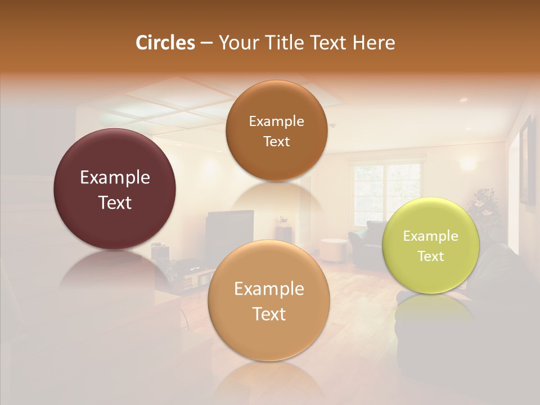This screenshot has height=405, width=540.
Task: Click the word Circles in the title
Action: (x=165, y=43)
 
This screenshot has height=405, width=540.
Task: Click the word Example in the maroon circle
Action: (x=115, y=178)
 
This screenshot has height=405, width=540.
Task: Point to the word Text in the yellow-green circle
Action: (x=431, y=256)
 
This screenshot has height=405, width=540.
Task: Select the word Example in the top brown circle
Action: (x=276, y=121)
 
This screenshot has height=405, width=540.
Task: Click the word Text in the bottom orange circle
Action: (x=269, y=314)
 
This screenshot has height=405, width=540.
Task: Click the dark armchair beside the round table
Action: (x=366, y=239)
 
